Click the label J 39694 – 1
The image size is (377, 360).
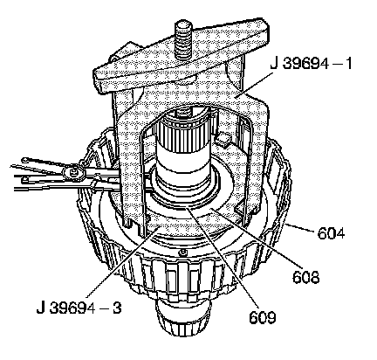[311, 63]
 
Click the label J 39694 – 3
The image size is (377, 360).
[79, 308]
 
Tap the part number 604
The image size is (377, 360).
[331, 233]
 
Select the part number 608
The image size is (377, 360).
[306, 277]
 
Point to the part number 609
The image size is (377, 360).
[262, 317]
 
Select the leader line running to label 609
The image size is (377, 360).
[223, 257]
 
